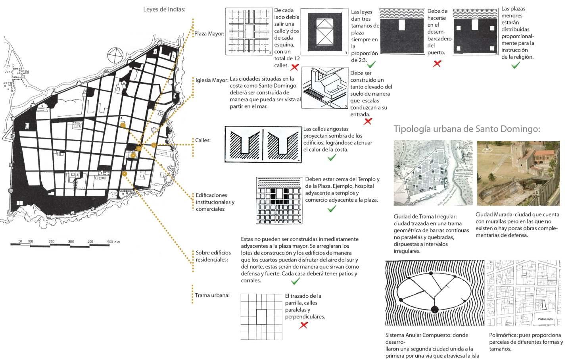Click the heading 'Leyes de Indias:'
click(x=164, y=9)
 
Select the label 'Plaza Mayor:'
click(x=209, y=34)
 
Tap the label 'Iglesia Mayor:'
click(x=211, y=80)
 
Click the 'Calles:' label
click(x=203, y=140)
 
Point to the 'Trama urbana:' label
click(x=212, y=295)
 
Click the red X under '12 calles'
click(x=294, y=66)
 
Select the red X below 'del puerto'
click(x=437, y=64)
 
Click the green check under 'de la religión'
click(x=516, y=65)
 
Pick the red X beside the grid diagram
click(x=304, y=325)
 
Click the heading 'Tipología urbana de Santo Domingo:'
click(x=467, y=129)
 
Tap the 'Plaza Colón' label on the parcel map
click(x=545, y=319)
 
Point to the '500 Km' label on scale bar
click(x=113, y=242)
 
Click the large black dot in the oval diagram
click(x=435, y=309)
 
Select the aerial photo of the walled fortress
click(x=518, y=173)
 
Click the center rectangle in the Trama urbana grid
click(x=261, y=317)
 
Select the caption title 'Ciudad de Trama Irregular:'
click(x=425, y=217)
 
